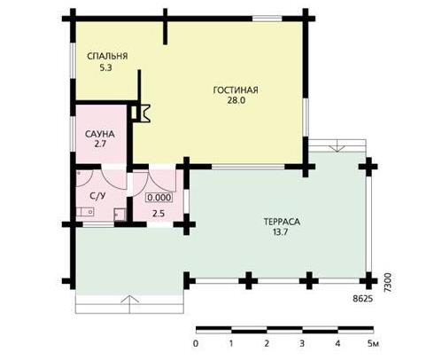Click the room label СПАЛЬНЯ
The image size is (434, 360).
[x=107, y=56]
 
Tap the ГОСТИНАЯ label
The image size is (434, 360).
[x=236, y=90]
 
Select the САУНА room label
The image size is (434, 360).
[x=100, y=134]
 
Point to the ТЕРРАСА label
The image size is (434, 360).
[x=282, y=222]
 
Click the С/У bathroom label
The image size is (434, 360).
[x=97, y=196]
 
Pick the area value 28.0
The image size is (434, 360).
[x=236, y=100]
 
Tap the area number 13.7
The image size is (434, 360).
[x=280, y=232]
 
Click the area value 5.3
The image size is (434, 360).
[x=105, y=68]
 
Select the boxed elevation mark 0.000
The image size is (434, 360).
[x=159, y=198]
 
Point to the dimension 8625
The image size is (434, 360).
[x=363, y=299]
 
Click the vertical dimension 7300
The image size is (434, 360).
[x=388, y=283]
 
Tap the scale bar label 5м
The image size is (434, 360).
[x=373, y=344]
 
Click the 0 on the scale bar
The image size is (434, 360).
[x=196, y=344]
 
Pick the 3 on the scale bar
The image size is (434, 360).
[x=302, y=344]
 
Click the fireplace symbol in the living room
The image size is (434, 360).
[x=141, y=113]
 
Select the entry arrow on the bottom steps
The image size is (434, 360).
[x=129, y=304]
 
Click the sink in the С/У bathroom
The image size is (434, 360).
[x=85, y=212]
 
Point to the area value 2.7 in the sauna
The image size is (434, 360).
[x=100, y=145]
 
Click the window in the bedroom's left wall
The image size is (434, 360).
[x=73, y=61]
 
